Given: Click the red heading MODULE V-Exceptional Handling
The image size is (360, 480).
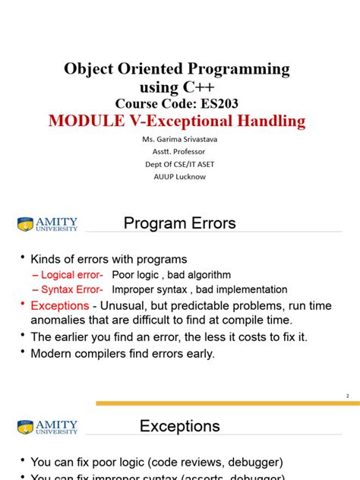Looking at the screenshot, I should [176, 121].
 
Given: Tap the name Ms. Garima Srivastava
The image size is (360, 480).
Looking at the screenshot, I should [175, 141].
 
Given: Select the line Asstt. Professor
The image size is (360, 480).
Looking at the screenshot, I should [175, 152].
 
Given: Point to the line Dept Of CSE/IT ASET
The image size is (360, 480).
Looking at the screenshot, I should [175, 164].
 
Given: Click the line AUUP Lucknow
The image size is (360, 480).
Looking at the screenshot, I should [175, 176].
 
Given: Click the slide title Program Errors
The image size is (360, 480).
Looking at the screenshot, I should [179, 223].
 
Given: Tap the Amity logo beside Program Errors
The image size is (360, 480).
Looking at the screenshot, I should [47, 224].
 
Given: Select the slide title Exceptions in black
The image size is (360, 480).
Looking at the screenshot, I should [179, 426].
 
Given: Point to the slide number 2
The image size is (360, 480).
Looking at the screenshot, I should [347, 396].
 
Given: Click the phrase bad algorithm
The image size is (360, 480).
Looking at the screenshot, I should [197, 275].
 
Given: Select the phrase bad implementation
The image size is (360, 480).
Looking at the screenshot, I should [243, 289].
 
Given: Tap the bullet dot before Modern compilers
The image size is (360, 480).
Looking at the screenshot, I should [23, 352].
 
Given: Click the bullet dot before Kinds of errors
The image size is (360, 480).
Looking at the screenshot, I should [23, 259].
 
